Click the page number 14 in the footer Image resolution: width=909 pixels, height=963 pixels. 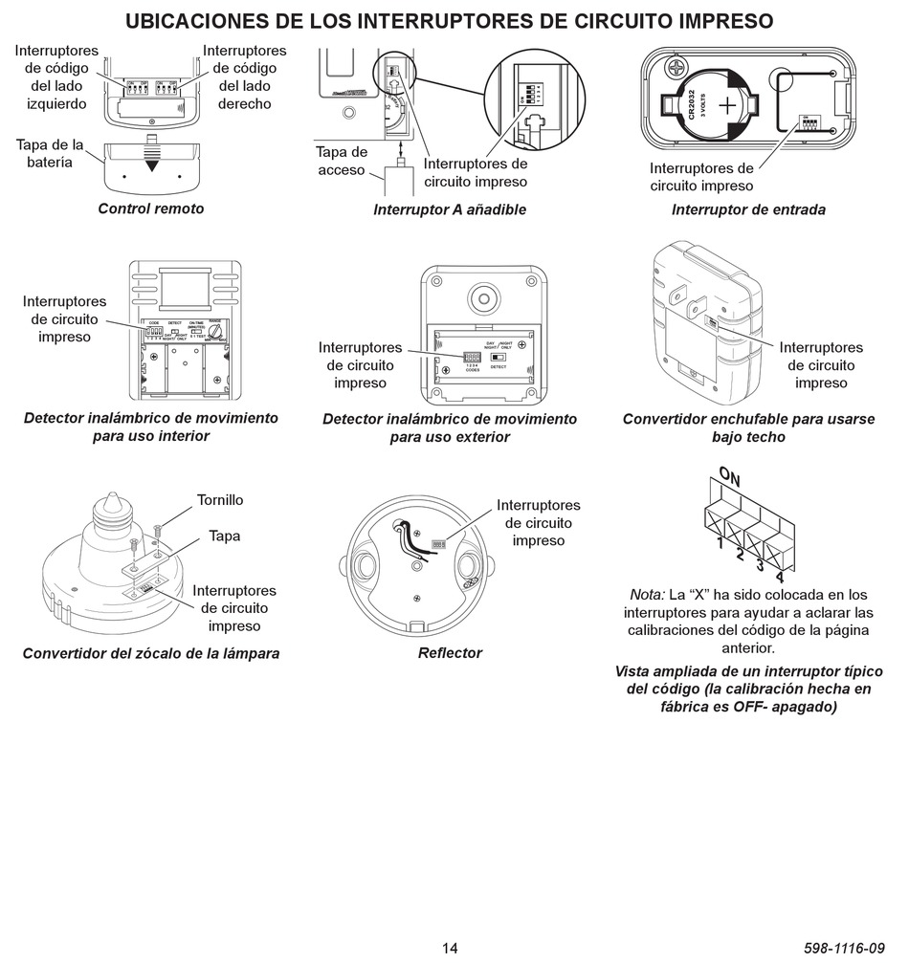[x=450, y=948]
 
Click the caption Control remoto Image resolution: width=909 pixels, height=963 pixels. [x=151, y=208]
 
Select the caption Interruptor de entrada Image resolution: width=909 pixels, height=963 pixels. [x=748, y=209]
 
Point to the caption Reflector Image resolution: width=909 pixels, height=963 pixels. [x=450, y=653]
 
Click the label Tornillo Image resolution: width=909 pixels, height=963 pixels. [x=220, y=500]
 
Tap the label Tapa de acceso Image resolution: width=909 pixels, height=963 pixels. [x=342, y=161]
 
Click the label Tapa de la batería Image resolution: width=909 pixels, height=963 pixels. [x=50, y=153]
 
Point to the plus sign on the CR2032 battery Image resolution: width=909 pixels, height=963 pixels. [x=728, y=103]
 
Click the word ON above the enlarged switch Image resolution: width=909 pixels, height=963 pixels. [x=730, y=475]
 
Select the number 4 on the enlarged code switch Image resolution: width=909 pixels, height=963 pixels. [x=780, y=577]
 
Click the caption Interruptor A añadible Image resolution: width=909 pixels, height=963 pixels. [x=450, y=209]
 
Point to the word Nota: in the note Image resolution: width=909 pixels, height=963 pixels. [x=648, y=594]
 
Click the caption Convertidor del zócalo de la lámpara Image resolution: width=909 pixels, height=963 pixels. [x=151, y=654]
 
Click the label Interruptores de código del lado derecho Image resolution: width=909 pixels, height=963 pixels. [x=244, y=77]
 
